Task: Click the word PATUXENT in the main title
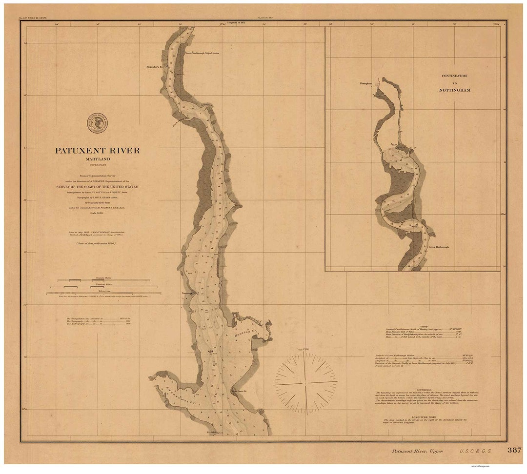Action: coord(79,151)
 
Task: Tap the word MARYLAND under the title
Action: coord(97,159)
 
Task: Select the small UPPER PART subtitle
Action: coord(97,166)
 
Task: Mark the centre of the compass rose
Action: coord(305,383)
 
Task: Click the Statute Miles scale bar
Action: coord(103,280)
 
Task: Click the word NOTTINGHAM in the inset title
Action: coord(454,90)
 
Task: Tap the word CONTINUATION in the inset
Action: coord(454,76)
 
